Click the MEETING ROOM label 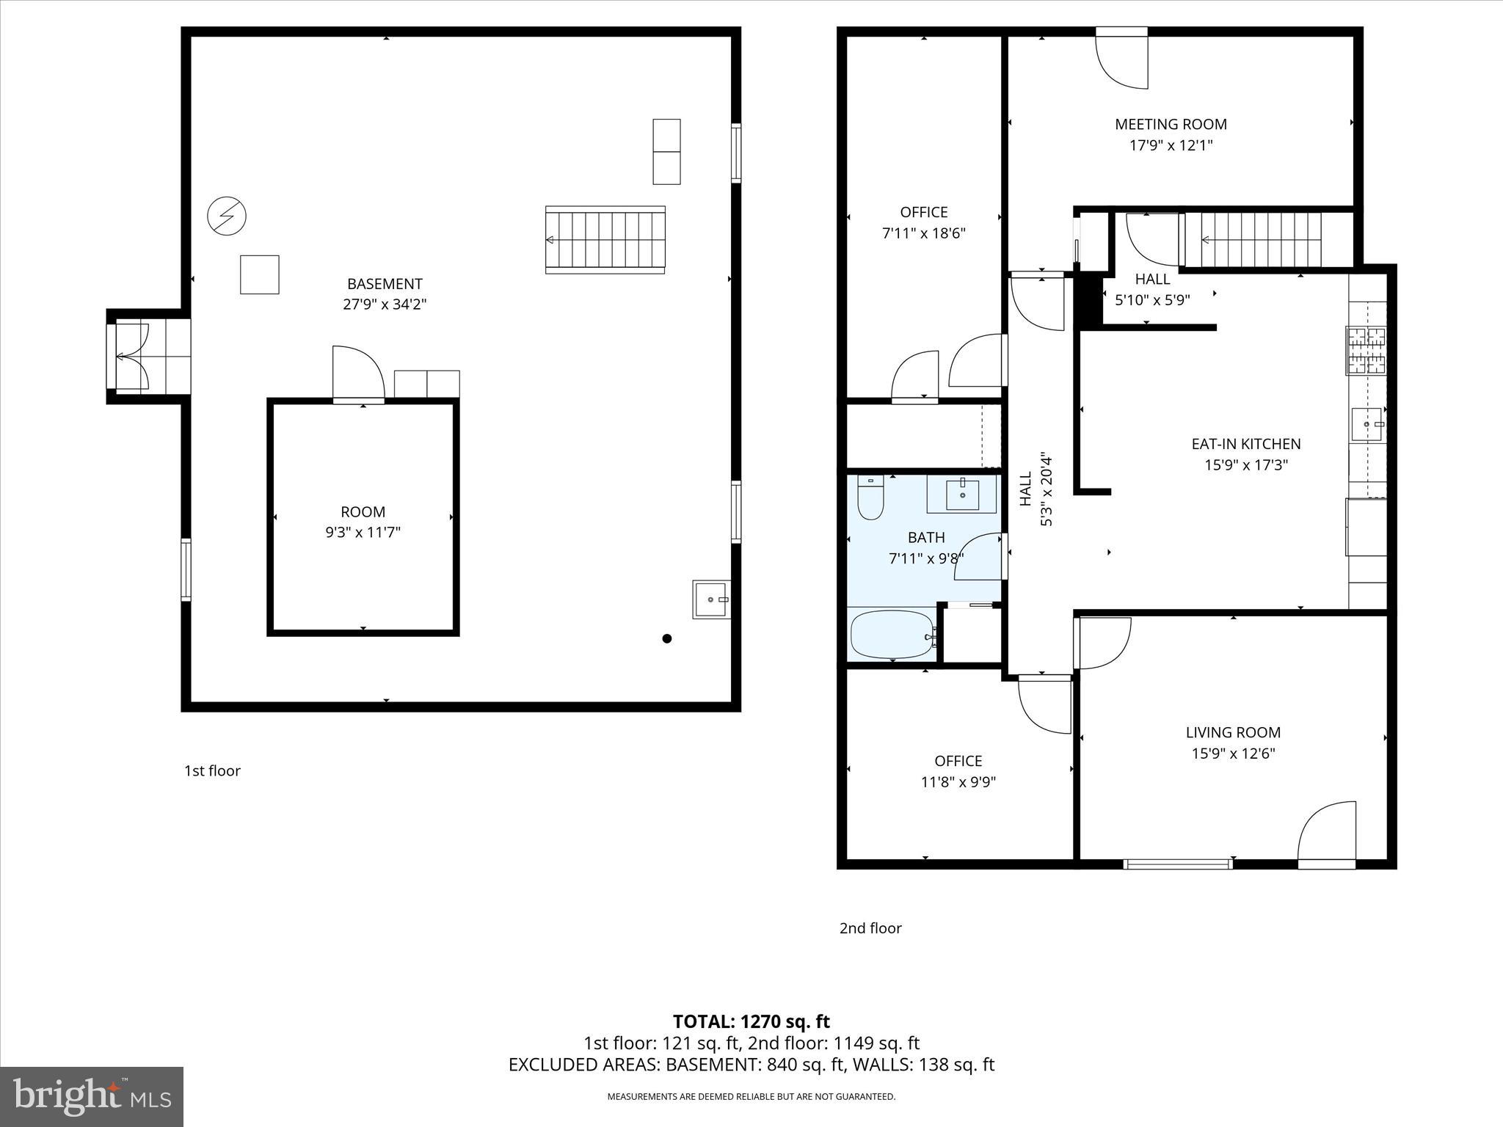tap(1170, 125)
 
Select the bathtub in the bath tap(891, 635)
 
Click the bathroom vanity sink tap(961, 495)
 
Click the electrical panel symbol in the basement tap(226, 216)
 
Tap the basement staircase tap(605, 240)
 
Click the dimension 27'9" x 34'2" tap(385, 304)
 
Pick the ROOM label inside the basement tap(363, 512)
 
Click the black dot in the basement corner tap(666, 638)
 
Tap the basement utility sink tap(710, 599)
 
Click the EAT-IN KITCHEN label tap(1245, 444)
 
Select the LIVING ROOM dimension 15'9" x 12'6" tap(1233, 754)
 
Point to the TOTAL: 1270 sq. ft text tap(751, 1021)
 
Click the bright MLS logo tap(92, 1096)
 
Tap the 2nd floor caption tap(870, 928)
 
